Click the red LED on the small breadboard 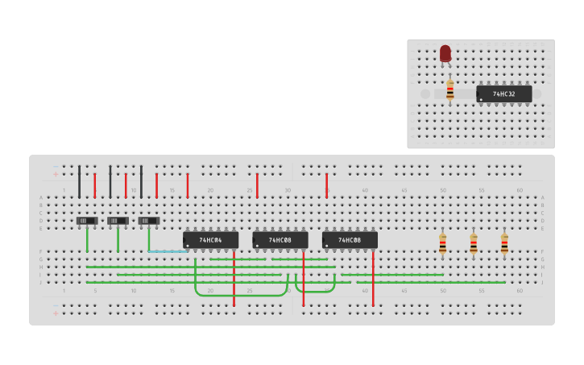[x=445, y=54]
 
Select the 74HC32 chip [x=503, y=94]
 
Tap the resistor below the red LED [x=449, y=90]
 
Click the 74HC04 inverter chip [x=210, y=240]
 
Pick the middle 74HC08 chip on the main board [x=280, y=240]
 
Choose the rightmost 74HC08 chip [x=350, y=240]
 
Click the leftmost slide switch [x=87, y=221]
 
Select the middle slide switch [x=118, y=221]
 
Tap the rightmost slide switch [x=149, y=221]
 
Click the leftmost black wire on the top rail [x=79, y=181]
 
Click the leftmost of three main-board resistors [x=442, y=243]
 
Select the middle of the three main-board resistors [x=473, y=243]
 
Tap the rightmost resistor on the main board [x=504, y=243]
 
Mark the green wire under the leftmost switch [x=87, y=240]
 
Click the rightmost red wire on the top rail [x=326, y=185]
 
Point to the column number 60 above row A [x=520, y=190]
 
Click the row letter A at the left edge [x=41, y=197]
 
